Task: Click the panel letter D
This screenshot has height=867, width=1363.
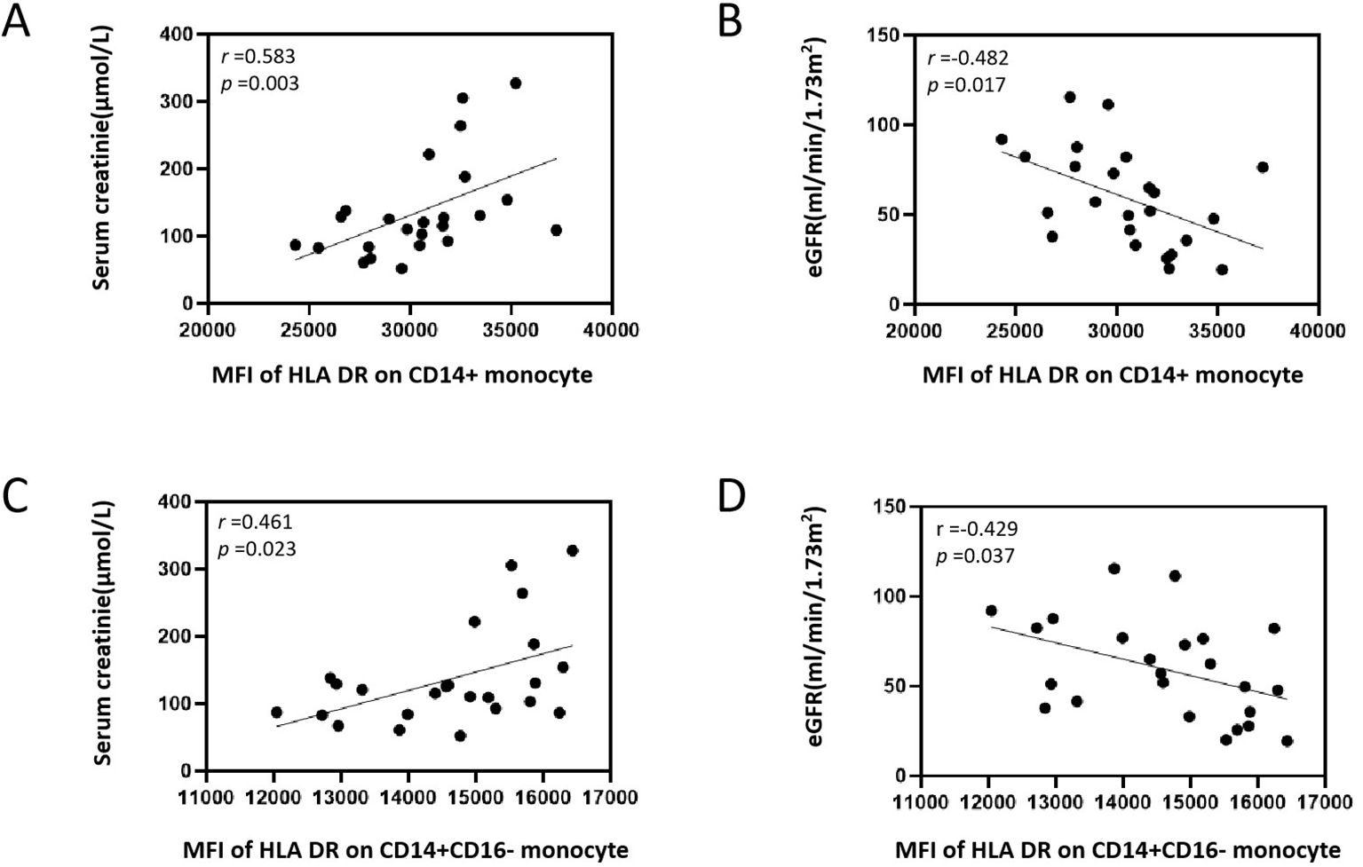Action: pyautogui.click(x=732, y=498)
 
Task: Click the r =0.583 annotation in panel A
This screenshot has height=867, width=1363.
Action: pyautogui.click(x=258, y=57)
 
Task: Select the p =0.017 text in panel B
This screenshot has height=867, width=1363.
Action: pyautogui.click(x=966, y=85)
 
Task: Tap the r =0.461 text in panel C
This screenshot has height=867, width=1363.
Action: pyautogui.click(x=256, y=523)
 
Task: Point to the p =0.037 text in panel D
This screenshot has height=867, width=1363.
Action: pyautogui.click(x=976, y=556)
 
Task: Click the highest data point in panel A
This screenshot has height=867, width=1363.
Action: pyautogui.click(x=515, y=83)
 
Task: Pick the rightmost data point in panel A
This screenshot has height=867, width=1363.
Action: pyautogui.click(x=556, y=230)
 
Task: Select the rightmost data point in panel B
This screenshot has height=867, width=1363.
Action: pyautogui.click(x=1262, y=167)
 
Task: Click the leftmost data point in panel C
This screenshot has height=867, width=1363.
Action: pyautogui.click(x=276, y=713)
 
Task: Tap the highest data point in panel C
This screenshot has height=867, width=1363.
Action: pyautogui.click(x=572, y=551)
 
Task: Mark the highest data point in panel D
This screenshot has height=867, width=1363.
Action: pyautogui.click(x=1113, y=569)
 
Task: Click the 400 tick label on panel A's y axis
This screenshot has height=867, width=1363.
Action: pyautogui.click(x=176, y=35)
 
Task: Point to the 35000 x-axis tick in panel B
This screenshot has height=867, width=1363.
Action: pyautogui.click(x=1216, y=330)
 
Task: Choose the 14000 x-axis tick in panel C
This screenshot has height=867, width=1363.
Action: pyautogui.click(x=408, y=797)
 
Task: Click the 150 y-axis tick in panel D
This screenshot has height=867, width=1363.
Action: pyautogui.click(x=889, y=507)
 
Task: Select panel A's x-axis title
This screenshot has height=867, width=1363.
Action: pyautogui.click(x=401, y=375)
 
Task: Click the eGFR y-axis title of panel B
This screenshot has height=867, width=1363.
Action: pyautogui.click(x=817, y=157)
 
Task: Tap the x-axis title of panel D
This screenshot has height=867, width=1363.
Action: pyautogui.click(x=1117, y=850)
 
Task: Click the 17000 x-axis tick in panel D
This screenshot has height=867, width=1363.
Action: pyautogui.click(x=1325, y=802)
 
